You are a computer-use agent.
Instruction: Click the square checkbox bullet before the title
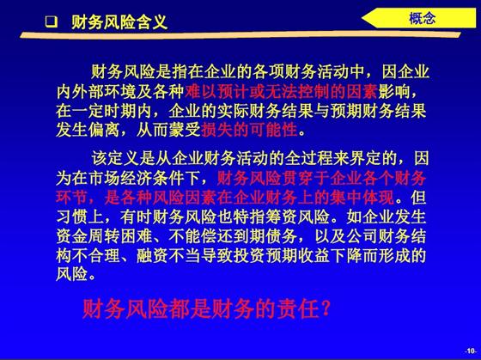coord(52,22)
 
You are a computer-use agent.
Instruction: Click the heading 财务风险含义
coord(119,22)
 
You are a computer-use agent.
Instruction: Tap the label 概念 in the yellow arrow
coord(423,19)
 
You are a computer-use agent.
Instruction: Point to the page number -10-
coord(471,351)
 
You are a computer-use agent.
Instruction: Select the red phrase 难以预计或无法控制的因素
coord(281,91)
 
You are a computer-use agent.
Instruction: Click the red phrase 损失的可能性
coord(249,130)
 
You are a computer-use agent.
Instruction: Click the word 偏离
coord(104,130)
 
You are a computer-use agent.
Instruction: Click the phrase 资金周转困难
coord(104,236)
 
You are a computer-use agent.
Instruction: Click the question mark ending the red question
coord(326,308)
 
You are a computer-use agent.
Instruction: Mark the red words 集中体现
coord(362,198)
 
